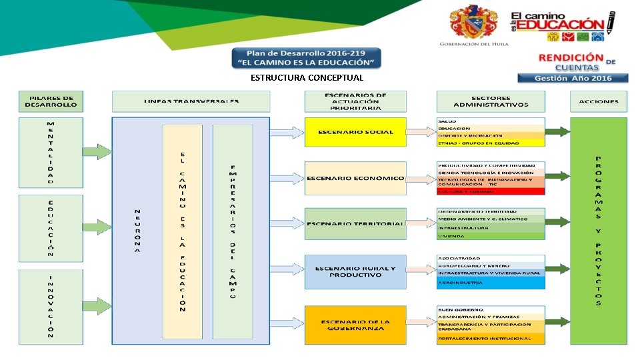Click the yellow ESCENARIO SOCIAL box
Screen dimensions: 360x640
355,132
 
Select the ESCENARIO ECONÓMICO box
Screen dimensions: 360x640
355,178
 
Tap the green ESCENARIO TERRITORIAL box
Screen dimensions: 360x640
355,224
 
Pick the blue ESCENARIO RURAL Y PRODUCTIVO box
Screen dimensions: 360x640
355,271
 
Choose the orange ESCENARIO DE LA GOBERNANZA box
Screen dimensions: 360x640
355,325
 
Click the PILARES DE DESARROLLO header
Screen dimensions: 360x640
51,101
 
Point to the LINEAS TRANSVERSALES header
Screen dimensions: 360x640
191,101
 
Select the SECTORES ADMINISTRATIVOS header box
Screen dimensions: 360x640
490,101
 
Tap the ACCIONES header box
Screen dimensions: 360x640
598,101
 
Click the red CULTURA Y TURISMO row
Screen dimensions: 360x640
491,191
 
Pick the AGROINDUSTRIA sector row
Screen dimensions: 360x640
491,283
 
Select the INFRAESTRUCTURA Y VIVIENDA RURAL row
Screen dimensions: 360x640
491,273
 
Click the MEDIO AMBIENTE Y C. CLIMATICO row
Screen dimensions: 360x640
491,219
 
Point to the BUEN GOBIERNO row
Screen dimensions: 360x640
491,309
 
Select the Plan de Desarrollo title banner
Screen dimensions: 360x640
307,57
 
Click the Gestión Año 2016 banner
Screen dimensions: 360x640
582,78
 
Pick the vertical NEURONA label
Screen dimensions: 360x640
137,231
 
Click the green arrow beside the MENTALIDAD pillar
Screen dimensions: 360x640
97,152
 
